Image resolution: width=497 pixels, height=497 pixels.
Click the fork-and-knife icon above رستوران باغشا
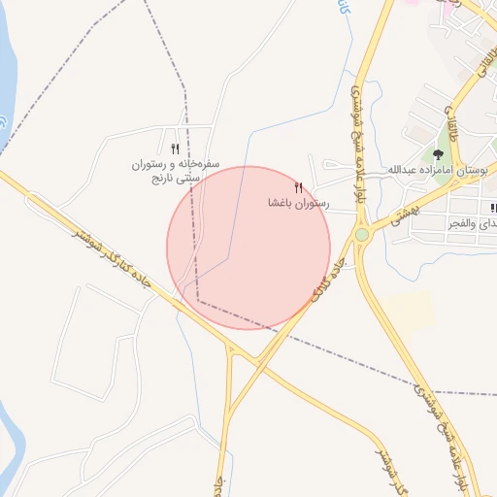(x=298, y=187)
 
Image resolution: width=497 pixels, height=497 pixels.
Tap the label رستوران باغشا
(x=299, y=205)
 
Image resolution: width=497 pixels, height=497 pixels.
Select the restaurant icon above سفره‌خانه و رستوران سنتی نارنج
(x=175, y=149)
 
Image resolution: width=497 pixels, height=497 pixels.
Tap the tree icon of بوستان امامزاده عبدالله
(x=439, y=152)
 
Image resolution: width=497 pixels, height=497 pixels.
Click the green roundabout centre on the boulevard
(x=362, y=235)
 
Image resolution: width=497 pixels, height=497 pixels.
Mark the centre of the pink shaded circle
(x=248, y=248)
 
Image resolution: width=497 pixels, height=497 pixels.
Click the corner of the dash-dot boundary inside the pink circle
(x=198, y=299)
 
